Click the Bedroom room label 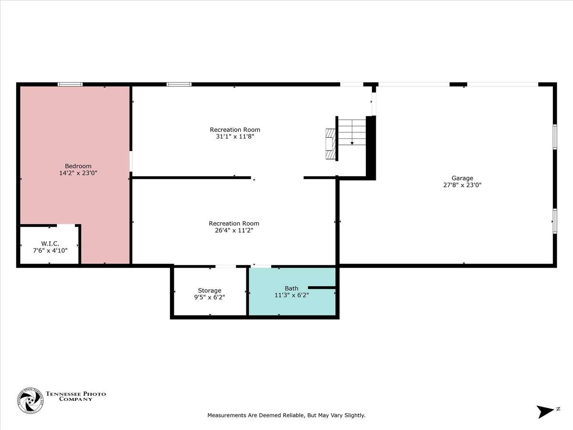pyautogui.click(x=78, y=166)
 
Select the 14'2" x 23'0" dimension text pyautogui.click(x=78, y=173)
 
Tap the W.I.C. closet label pyautogui.click(x=50, y=244)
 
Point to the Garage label pyautogui.click(x=462, y=178)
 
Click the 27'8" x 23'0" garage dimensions pyautogui.click(x=462, y=185)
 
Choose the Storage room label pyautogui.click(x=210, y=290)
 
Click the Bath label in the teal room pyautogui.click(x=291, y=288)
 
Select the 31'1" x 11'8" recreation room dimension pyautogui.click(x=235, y=136)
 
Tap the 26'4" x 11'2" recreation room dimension pyautogui.click(x=234, y=230)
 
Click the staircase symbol pyautogui.click(x=352, y=132)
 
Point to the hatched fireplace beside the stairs pyautogui.click(x=330, y=144)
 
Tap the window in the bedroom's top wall pyautogui.click(x=70, y=85)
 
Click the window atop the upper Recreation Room pyautogui.click(x=179, y=85)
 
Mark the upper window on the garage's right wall pyautogui.click(x=555, y=137)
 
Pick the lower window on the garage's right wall pyautogui.click(x=555, y=221)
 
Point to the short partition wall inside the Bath pyautogui.click(x=322, y=288)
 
